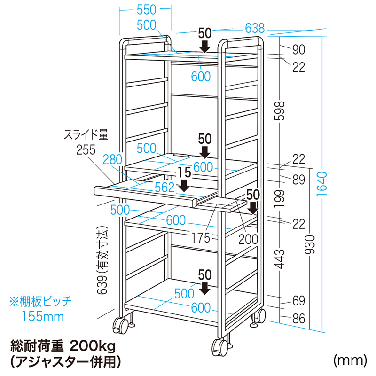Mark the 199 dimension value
coord(281,198)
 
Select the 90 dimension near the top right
coord(298,49)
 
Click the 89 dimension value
coord(298,180)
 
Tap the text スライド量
coord(86,136)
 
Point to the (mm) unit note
coord(349,360)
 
